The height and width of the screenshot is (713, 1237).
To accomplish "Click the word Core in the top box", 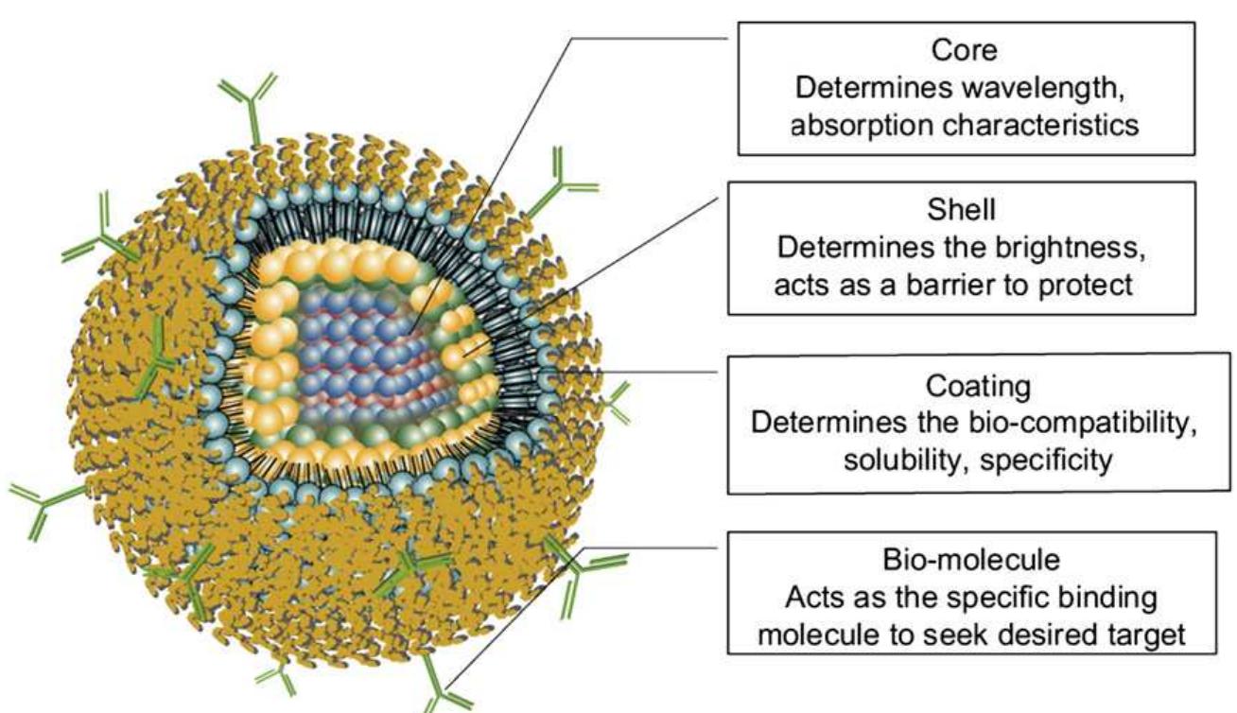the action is pos(965,50).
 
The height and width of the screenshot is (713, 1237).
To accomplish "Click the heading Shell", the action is pos(962,210).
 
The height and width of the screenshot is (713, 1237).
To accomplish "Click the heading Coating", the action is pos(978,387).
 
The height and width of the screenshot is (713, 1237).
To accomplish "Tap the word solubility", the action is pos(907,461).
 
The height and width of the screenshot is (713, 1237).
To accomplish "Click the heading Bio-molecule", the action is pos(971,560).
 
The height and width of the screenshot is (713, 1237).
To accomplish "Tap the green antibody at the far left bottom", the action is pos(44,505).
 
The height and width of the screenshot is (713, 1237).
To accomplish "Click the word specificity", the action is pos(1046,461).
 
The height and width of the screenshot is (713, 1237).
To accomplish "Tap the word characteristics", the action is pos(1040,126).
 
